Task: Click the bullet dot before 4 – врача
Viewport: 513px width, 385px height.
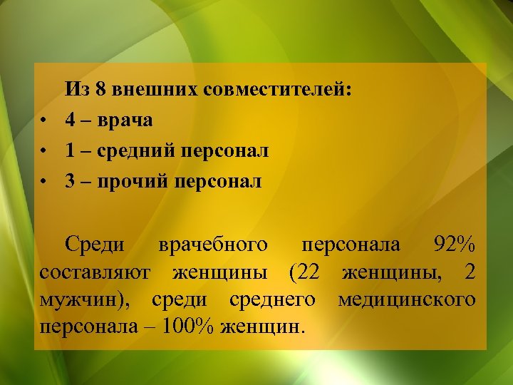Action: coord(44,121)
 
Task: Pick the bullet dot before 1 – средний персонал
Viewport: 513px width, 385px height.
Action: coord(44,152)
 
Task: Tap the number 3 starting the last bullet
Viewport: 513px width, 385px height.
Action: coord(71,182)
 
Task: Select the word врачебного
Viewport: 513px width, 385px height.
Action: coord(214,245)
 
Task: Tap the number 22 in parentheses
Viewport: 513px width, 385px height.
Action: coord(311,272)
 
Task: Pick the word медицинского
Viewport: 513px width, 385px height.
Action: coord(407,300)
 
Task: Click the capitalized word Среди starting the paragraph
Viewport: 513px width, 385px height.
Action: coord(95,245)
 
